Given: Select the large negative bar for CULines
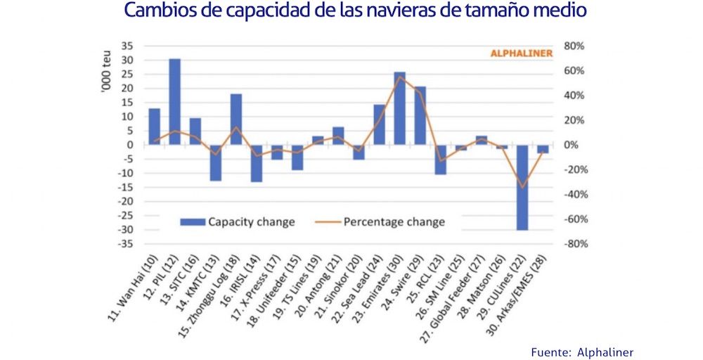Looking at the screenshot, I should [x=522, y=187].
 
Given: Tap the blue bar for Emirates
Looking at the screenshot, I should [x=399, y=108].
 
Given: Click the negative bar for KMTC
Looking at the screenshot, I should [x=215, y=162].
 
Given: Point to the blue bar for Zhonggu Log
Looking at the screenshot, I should [x=236, y=120].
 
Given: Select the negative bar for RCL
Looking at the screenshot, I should [x=440, y=159].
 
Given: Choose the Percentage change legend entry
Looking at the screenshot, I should [x=382, y=222].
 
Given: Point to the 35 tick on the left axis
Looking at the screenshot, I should [x=127, y=46].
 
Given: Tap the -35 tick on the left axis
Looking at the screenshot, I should [x=125, y=244].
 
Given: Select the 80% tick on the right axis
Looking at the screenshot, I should [x=574, y=46].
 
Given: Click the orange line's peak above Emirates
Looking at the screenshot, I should [x=399, y=77].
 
